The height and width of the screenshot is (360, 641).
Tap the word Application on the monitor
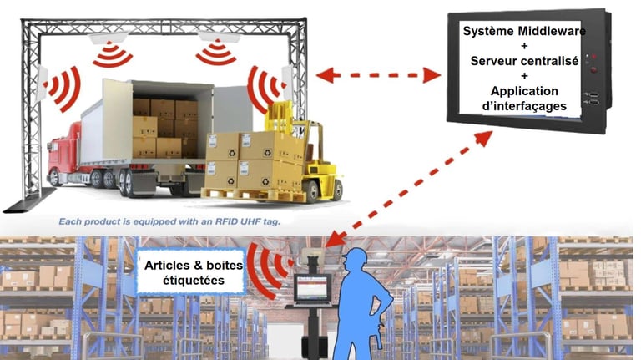click(524, 91)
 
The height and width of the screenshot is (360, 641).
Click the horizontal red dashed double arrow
click(380, 76)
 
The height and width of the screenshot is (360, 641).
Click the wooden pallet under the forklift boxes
click(243, 195)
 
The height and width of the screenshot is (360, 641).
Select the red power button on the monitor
click(593, 70)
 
